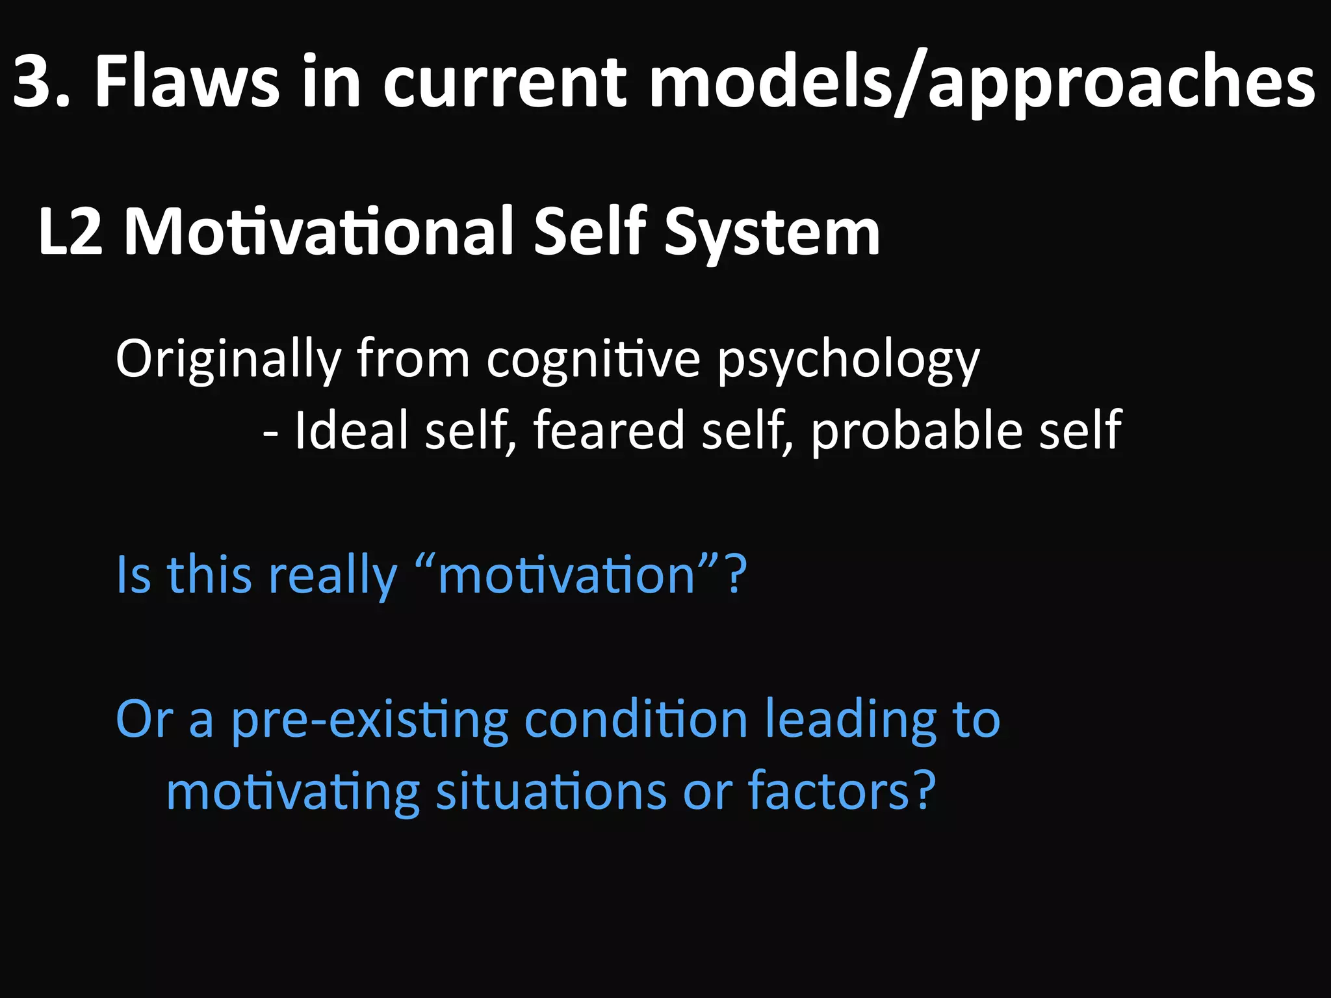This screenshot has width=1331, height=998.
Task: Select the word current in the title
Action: (504, 83)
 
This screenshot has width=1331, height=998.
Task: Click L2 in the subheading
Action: (70, 231)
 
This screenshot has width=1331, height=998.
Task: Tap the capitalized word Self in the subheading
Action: (589, 230)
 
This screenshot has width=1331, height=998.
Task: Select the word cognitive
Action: (593, 359)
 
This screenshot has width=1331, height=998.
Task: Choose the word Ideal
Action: (352, 430)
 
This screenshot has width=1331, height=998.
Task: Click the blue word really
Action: (332, 576)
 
